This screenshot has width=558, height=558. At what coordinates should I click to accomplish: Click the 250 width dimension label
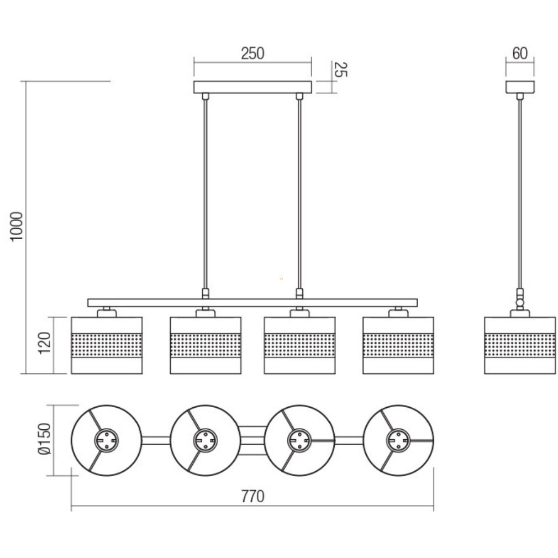point(252,54)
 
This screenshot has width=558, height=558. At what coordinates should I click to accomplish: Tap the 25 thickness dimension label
point(340,70)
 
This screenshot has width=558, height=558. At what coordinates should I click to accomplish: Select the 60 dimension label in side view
point(520,54)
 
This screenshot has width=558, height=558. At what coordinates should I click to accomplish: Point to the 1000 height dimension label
point(17,227)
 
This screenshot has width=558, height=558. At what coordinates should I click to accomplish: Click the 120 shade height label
point(45,343)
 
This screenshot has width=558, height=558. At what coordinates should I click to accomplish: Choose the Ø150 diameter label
point(45,439)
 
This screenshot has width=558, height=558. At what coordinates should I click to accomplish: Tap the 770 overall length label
point(252,497)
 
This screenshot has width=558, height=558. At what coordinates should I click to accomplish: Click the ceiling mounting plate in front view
point(252,87)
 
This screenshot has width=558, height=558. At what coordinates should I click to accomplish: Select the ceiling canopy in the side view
point(520,87)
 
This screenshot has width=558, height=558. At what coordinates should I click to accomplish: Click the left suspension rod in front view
point(206,194)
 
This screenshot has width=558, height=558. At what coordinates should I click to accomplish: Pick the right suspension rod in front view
point(299,194)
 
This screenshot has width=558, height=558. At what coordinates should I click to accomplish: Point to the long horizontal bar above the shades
point(252,303)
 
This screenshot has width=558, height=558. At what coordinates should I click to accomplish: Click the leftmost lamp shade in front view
point(107,345)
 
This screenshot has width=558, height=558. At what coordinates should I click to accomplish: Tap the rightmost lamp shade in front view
point(398,345)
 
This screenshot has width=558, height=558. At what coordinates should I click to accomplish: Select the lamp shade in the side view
point(520,345)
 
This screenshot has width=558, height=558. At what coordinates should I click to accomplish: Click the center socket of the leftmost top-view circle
point(107,440)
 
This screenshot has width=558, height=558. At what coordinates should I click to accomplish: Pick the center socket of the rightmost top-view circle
point(398,440)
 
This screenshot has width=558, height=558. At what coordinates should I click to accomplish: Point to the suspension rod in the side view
point(520,194)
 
